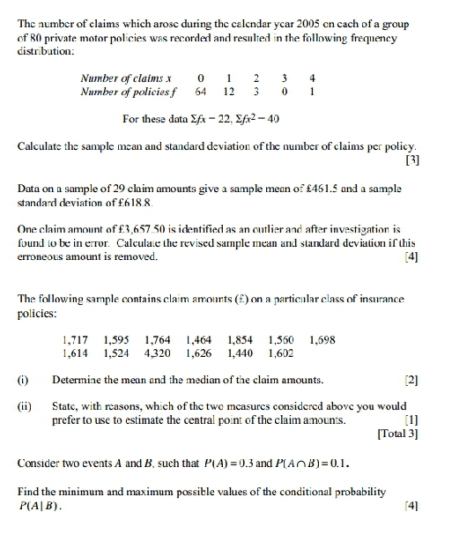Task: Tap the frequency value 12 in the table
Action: click(x=229, y=91)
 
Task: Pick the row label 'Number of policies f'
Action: click(x=124, y=91)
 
